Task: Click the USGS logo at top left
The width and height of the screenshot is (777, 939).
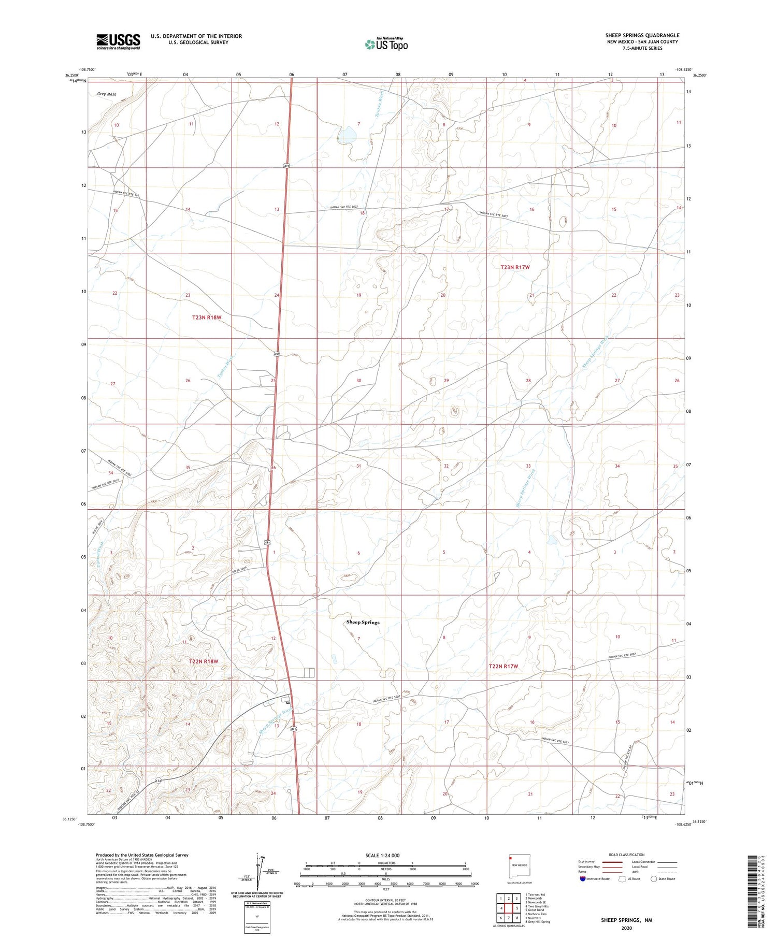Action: coord(118,41)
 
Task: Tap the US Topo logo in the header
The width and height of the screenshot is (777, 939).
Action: coord(386,45)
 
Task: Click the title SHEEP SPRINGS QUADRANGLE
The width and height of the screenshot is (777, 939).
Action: coord(642,35)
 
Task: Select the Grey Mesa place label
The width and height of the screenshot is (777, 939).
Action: coord(106,94)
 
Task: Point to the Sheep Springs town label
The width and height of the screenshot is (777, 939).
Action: coord(363,622)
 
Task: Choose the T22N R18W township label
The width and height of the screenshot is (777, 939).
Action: coord(204,661)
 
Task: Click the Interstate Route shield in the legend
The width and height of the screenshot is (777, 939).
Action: coord(582,879)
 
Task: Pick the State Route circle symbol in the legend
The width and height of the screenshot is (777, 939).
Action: coord(654,879)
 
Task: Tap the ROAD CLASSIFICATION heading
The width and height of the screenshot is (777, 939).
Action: coord(627,855)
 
